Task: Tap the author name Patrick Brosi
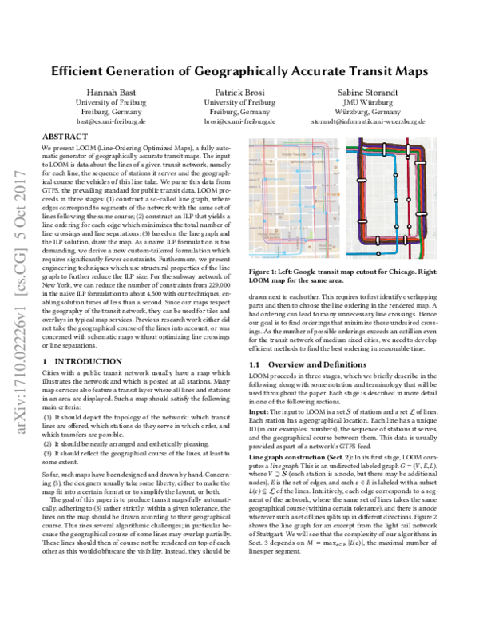(239, 92)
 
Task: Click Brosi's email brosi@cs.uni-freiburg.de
(239, 123)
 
